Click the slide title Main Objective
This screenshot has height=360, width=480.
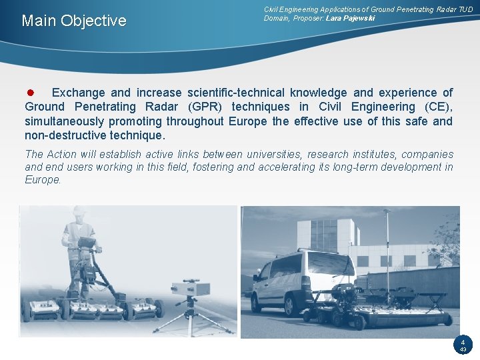[x=73, y=21]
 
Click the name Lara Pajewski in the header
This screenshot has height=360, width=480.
[x=350, y=18]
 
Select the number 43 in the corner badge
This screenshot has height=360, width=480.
[x=463, y=349]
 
